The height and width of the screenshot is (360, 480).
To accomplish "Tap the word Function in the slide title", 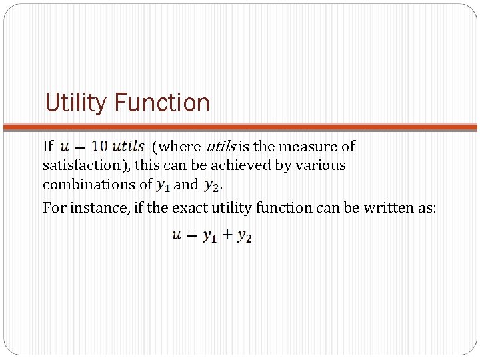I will tap(162, 103).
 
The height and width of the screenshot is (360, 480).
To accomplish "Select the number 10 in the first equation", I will tap(98, 145).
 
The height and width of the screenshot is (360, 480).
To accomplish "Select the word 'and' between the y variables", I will tap(186, 184).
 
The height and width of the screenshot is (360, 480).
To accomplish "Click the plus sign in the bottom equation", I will tap(227, 235).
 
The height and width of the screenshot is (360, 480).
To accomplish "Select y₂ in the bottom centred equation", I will tap(245, 237).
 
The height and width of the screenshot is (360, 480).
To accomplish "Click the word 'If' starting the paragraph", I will tap(48, 146).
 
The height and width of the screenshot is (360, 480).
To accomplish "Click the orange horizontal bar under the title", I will tap(240, 126).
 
